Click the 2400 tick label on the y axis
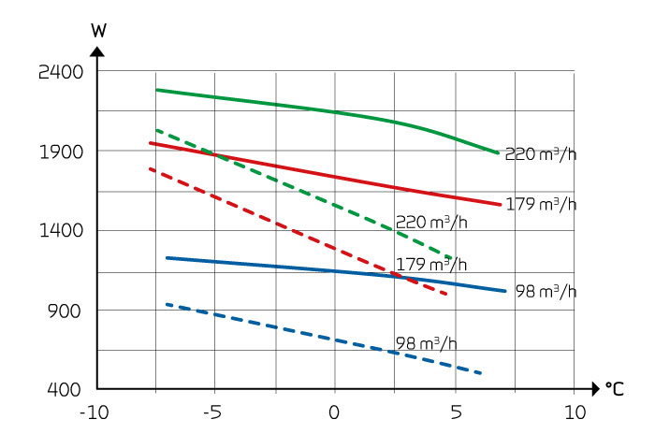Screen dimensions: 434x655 pos(62,72)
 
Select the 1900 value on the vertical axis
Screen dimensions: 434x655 pos(62,152)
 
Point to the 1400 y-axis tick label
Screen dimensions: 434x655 pos(62,231)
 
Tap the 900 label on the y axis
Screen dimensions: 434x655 pos(67,311)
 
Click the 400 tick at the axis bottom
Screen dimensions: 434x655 pos(67,389)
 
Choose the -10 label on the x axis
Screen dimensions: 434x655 pos(94,412)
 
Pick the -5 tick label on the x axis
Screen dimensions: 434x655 pos(214,412)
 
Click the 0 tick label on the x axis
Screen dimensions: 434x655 pos(334,412)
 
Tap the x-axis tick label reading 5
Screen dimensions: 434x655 pos(455,412)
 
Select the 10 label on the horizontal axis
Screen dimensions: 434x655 pos(575,412)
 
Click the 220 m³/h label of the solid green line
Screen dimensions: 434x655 pos(540,154)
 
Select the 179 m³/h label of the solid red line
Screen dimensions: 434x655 pos(540,204)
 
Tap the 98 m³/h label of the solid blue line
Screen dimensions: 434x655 pos(546,292)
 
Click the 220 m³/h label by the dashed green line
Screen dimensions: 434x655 pos(430,222)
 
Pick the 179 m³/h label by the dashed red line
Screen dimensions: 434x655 pos(430,264)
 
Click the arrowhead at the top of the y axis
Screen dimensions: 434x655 pos(98,49)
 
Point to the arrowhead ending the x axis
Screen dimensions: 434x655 pos(594,388)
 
